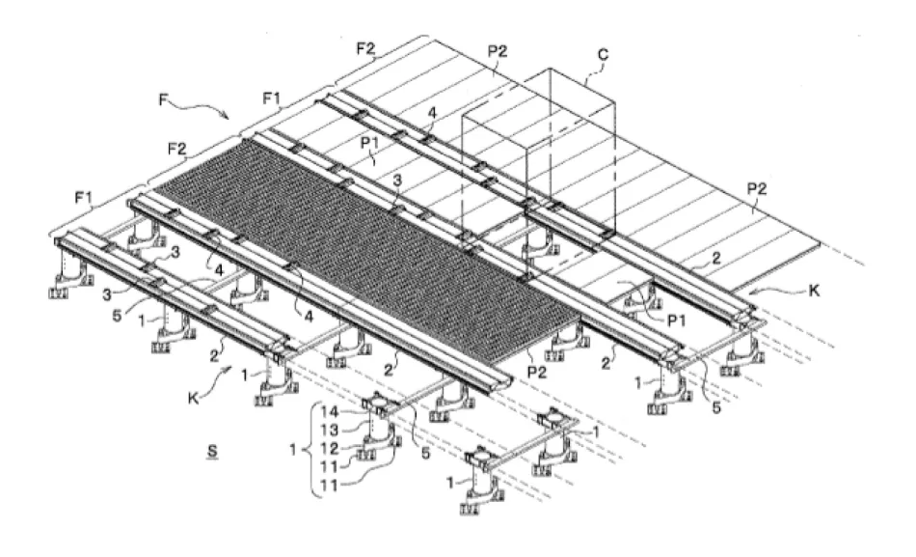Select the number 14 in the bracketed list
click(x=329, y=408)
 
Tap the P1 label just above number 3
click(x=370, y=150)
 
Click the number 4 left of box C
click(x=433, y=114)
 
